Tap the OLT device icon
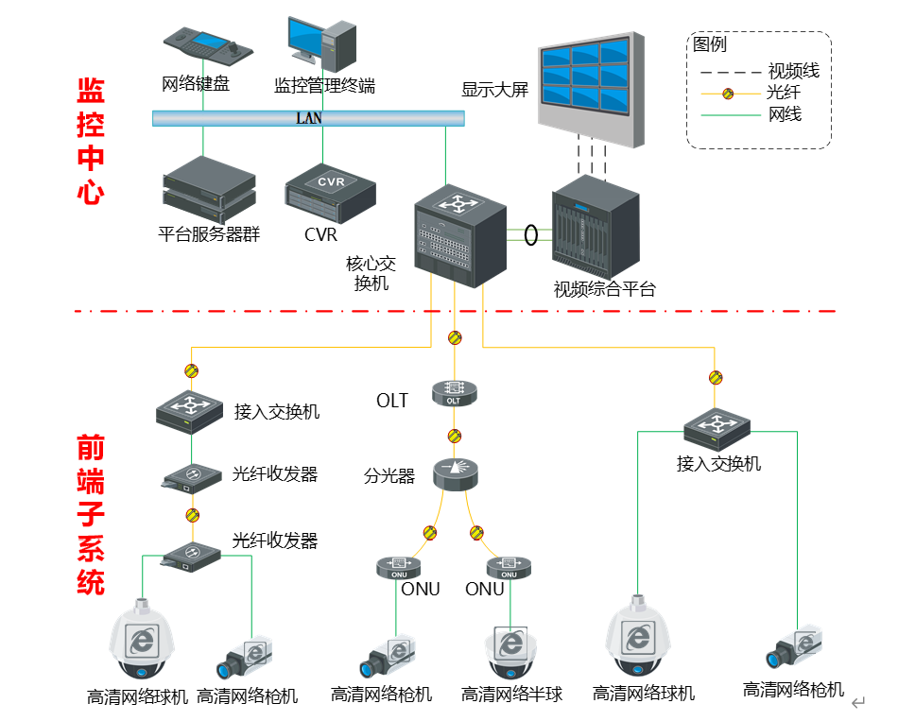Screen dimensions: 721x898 click(x=453, y=393)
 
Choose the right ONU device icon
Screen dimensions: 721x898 click(x=509, y=567)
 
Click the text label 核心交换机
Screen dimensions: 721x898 click(x=370, y=273)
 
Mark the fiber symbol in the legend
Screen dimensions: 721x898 click(x=729, y=93)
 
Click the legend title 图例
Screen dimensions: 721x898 click(x=710, y=44)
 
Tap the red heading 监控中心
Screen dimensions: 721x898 click(x=91, y=142)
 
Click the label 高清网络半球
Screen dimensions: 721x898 click(x=511, y=695)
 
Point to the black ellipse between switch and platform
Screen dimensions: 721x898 click(x=531, y=232)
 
